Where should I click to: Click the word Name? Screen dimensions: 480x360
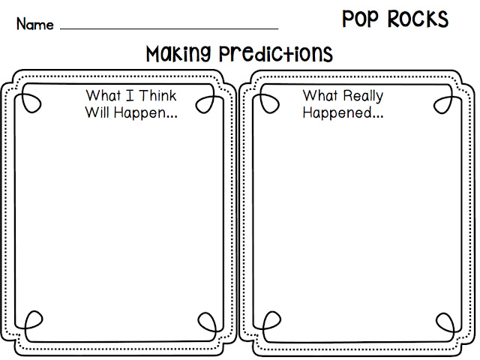(x=35, y=24)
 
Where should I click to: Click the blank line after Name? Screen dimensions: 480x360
(x=169, y=28)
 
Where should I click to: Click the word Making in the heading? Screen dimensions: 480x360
(x=178, y=54)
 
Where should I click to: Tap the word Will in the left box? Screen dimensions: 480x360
(x=97, y=114)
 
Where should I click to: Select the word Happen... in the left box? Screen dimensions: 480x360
(x=143, y=115)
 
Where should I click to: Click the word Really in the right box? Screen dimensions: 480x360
(x=363, y=96)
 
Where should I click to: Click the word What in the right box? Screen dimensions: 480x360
(x=321, y=96)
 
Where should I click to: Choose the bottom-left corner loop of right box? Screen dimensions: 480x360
(x=264, y=322)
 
